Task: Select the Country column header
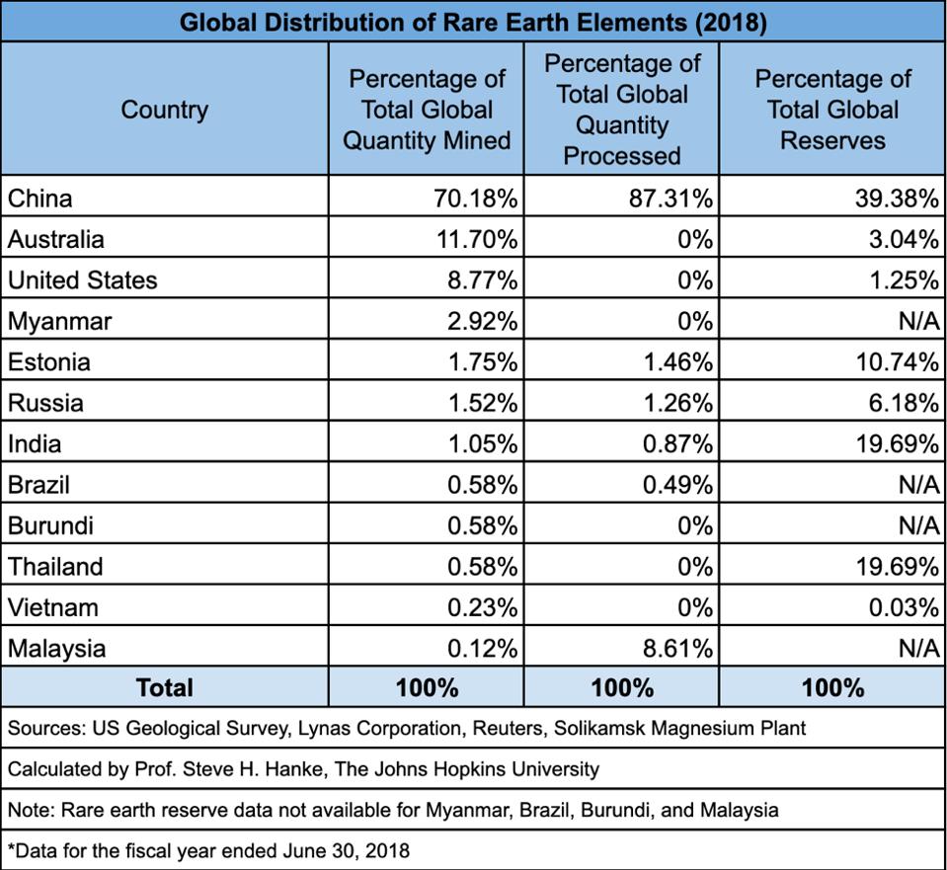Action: coord(164,110)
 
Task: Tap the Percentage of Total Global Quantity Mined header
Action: coord(427,110)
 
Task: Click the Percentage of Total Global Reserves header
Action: coord(833,110)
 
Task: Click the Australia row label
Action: coord(56,239)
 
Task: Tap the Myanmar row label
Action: coord(60,321)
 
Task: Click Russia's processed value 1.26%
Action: coord(677,403)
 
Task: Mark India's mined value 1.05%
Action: coord(482,444)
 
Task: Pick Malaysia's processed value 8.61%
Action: coord(677,649)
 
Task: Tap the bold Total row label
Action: coord(164,687)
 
